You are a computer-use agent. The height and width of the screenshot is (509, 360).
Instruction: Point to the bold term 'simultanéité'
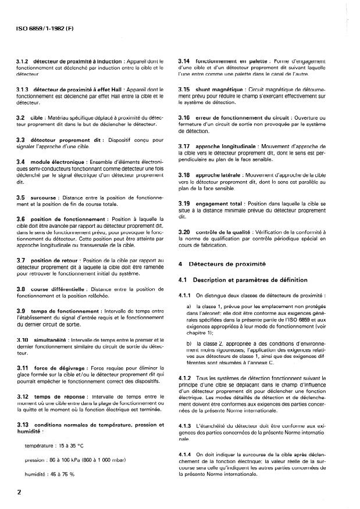[50, 339]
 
